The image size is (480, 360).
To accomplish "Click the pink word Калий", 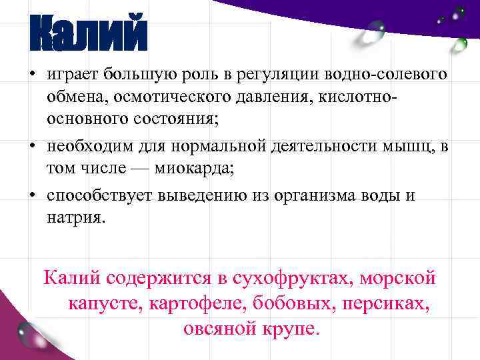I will pos(71,277).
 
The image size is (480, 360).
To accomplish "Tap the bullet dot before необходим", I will pos(31,145).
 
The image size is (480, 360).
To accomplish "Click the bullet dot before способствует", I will pos(31,195).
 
